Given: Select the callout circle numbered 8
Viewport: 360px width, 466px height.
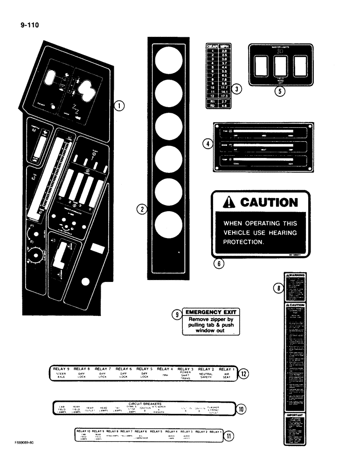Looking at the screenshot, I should (x=277, y=289).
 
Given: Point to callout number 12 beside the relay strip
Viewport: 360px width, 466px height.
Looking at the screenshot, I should (x=243, y=373).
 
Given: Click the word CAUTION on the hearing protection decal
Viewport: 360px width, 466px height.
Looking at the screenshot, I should (x=268, y=202).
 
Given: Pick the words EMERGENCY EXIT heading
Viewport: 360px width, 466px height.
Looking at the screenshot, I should (x=210, y=312).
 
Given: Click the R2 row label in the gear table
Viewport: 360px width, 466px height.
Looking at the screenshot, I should (x=212, y=106).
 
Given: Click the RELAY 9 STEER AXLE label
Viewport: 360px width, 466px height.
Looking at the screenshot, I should (x=61, y=371).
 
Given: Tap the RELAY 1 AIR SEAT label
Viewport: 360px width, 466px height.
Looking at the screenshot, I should (x=227, y=371).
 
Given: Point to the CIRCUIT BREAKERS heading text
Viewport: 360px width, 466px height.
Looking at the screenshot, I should (x=145, y=404).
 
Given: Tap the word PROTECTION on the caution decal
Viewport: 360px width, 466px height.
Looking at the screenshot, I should (x=243, y=242).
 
